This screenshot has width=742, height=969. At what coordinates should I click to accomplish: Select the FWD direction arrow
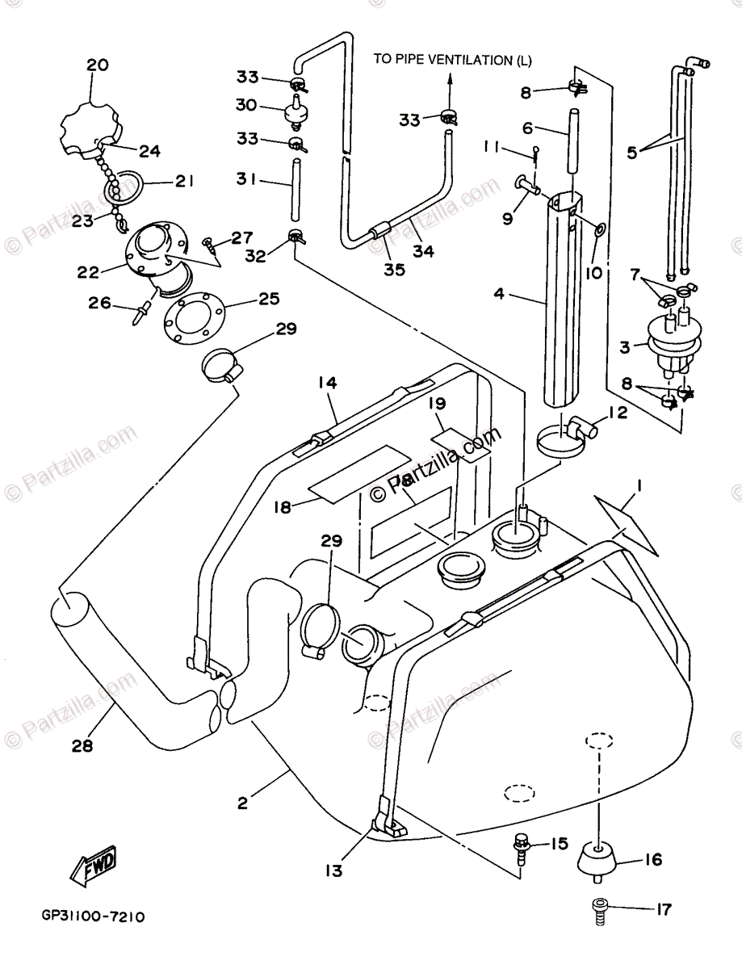(x=91, y=867)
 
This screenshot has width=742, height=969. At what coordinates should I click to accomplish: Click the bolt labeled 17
(x=598, y=910)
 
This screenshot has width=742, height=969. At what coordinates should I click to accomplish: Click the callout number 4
(x=499, y=296)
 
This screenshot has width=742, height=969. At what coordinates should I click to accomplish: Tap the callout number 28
(x=82, y=745)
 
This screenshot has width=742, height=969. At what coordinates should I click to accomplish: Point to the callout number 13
(x=333, y=870)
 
